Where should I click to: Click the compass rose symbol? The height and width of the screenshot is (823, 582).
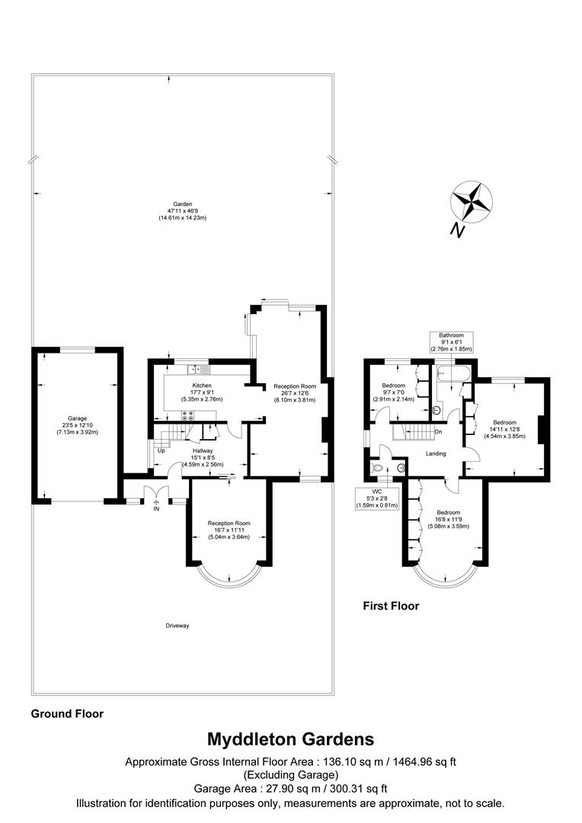pyautogui.click(x=472, y=203)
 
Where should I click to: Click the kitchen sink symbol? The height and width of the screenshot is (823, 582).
pyautogui.click(x=197, y=370)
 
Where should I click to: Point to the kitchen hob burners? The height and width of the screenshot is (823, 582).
pyautogui.click(x=187, y=415)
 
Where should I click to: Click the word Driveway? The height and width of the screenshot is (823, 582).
pyautogui.click(x=177, y=626)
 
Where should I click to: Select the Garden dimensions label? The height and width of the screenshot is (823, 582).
pyautogui.click(x=182, y=211)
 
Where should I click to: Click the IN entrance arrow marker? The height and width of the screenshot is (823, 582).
pyautogui.click(x=156, y=505)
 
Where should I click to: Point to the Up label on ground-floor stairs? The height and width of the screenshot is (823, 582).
pyautogui.click(x=161, y=450)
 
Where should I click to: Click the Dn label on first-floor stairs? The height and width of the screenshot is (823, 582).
pyautogui.click(x=438, y=432)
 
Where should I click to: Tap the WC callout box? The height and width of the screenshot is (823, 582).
pyautogui.click(x=376, y=498)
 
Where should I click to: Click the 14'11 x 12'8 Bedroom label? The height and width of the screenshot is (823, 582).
pyautogui.click(x=504, y=429)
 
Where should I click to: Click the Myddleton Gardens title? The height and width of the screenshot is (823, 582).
pyautogui.click(x=290, y=738)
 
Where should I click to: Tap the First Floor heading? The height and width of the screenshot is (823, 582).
pyautogui.click(x=390, y=607)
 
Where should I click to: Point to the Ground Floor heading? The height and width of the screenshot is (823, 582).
pyautogui.click(x=67, y=714)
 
